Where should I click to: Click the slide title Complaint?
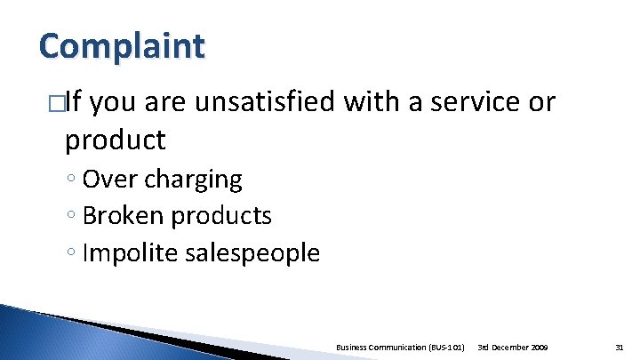click(122, 45)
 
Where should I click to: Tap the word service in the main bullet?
click(478, 103)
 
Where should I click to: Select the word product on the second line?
click(115, 140)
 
